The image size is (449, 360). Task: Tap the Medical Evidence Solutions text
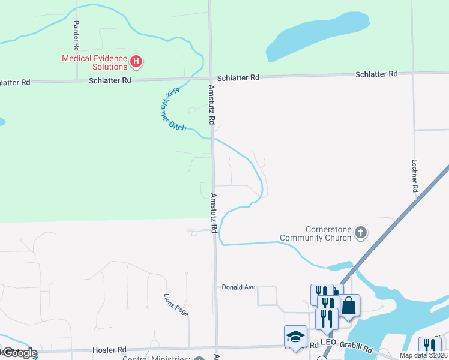point(95,62)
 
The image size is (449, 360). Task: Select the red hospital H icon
point(137,61)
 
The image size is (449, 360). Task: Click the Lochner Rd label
point(414,175)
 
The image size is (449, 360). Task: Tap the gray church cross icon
point(360,232)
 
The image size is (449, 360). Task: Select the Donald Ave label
point(238,287)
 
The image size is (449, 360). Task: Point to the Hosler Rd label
point(110,350)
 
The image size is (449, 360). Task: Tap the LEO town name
point(328,342)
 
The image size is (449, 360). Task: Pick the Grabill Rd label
point(359,347)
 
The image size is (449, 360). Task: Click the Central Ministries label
point(156,358)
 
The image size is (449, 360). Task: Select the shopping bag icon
point(349,306)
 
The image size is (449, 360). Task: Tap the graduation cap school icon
point(295,335)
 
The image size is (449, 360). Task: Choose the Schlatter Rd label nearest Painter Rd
point(110,80)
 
